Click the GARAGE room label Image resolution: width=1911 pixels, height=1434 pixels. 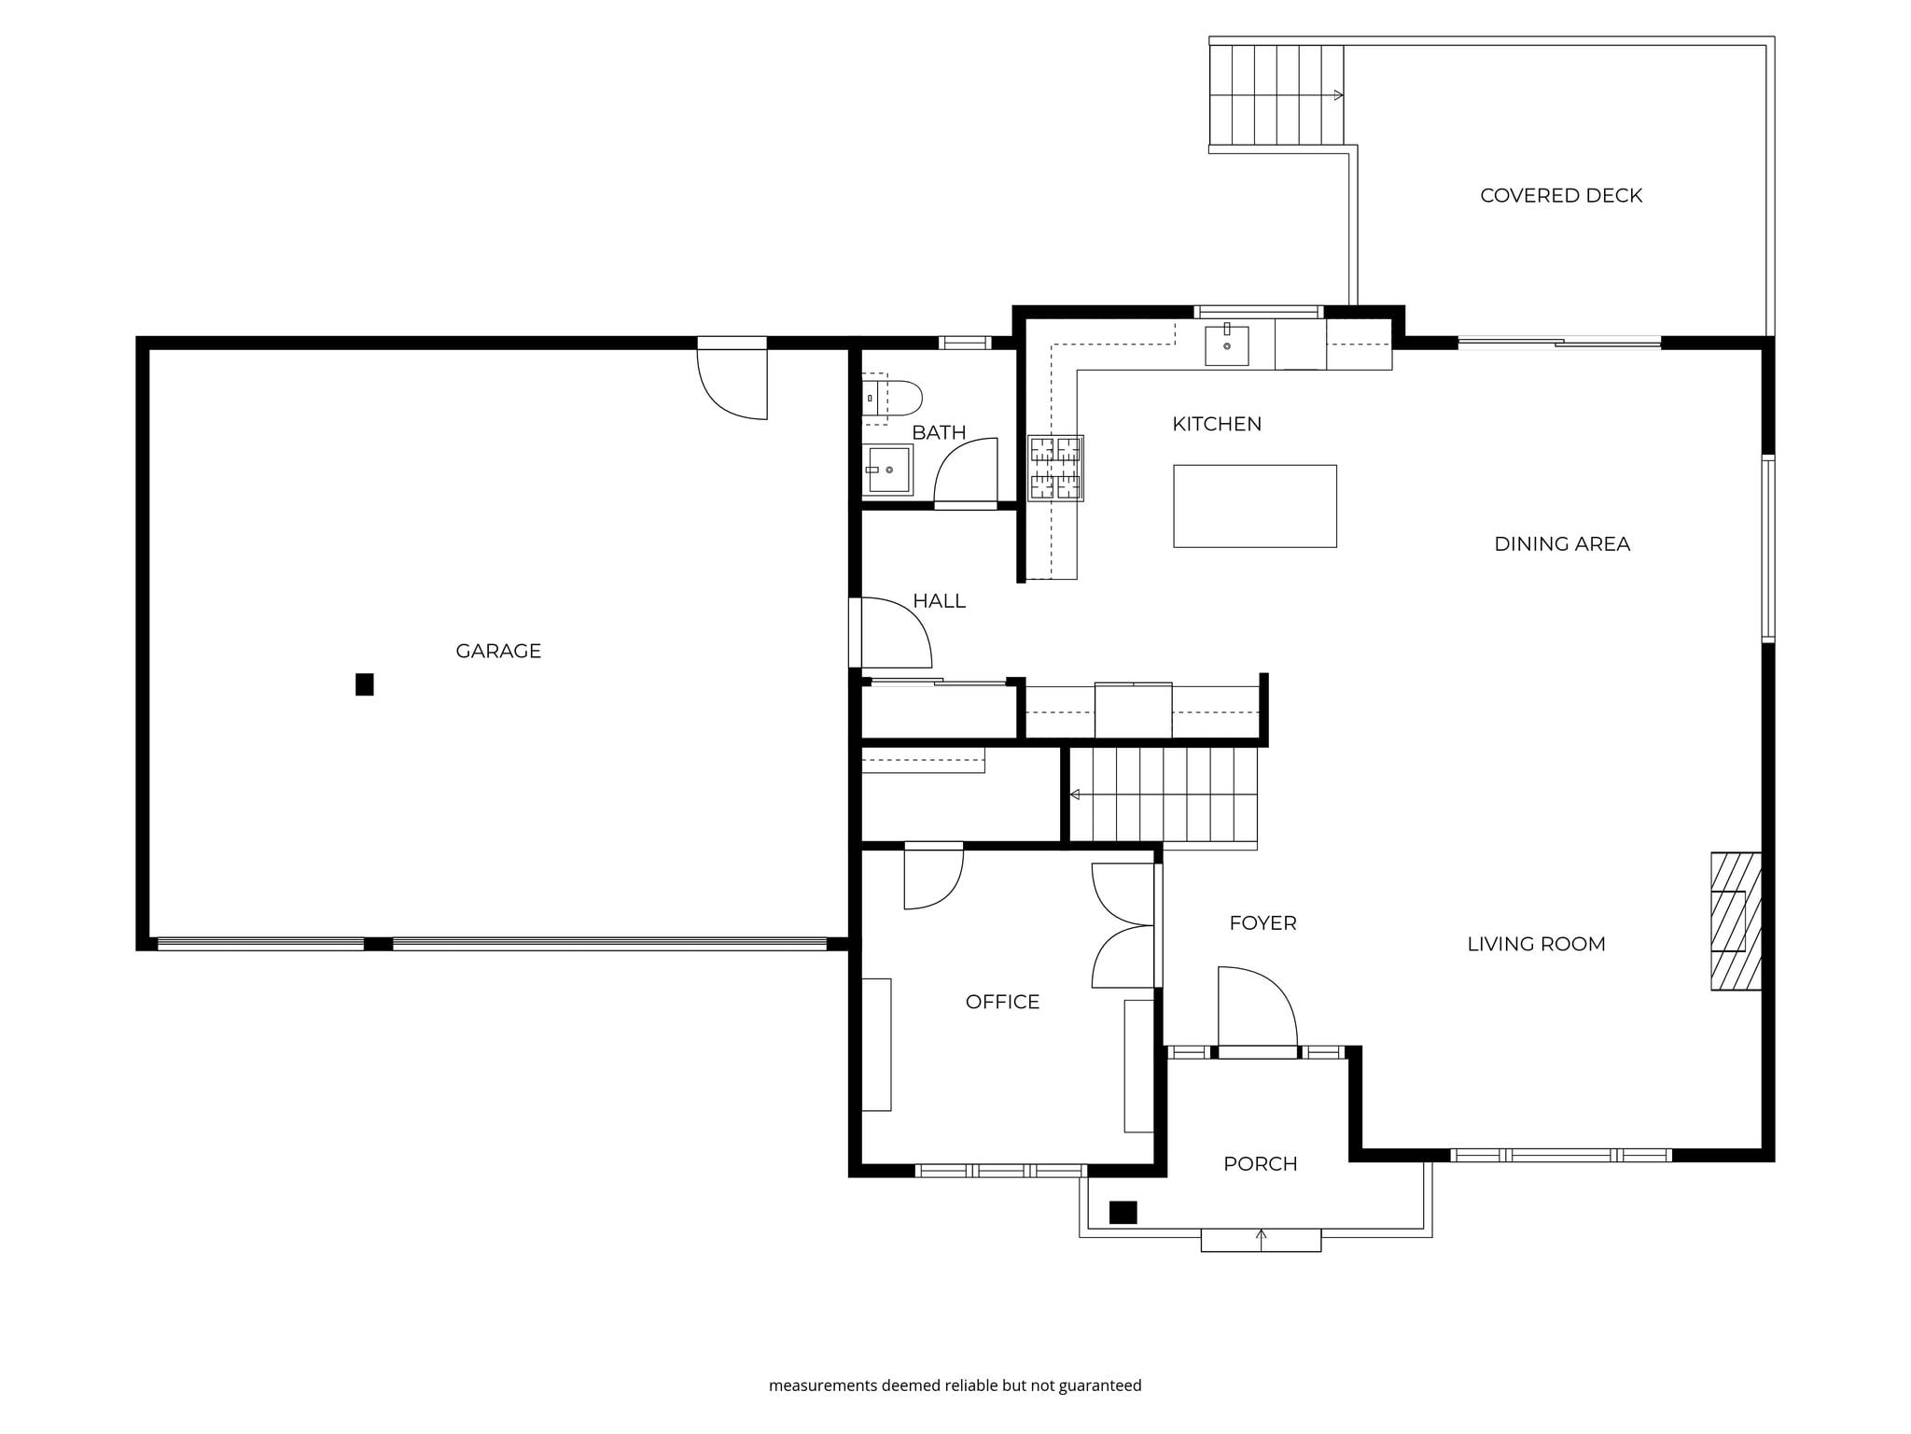[498, 651]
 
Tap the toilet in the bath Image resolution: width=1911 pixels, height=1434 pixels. [891, 398]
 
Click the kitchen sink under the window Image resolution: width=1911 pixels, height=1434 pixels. [1226, 344]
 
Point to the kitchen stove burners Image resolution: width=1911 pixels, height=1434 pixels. [1055, 468]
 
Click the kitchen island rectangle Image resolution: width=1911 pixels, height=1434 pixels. [1255, 506]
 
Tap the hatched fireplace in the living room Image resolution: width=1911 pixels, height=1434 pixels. [1736, 921]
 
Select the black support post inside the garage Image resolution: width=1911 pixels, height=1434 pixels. [365, 684]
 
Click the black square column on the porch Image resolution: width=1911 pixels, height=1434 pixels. [1123, 1212]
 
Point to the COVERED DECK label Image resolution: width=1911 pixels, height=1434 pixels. [1561, 195]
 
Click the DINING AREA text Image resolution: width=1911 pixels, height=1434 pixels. [1562, 543]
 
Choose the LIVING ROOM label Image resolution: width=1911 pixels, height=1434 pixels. [1536, 944]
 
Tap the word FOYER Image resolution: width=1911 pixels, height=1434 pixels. [1262, 922]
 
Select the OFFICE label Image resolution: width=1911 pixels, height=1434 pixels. [1002, 1002]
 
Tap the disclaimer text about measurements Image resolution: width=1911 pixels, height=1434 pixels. [955, 1385]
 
